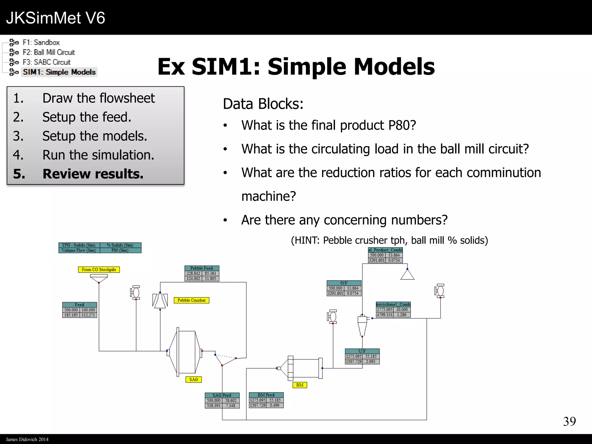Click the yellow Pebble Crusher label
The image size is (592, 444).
[x=191, y=300]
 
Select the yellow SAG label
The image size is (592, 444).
[x=193, y=379]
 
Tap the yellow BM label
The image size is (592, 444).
[x=299, y=385]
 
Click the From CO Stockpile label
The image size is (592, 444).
[x=99, y=269]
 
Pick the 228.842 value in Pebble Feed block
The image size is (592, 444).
[x=193, y=273]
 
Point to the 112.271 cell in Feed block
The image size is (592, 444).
[x=88, y=315]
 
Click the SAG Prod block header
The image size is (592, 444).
[x=222, y=395]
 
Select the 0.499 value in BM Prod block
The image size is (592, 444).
[x=274, y=405]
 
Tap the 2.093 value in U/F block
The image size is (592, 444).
[x=370, y=361]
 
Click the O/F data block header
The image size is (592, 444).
[x=344, y=283]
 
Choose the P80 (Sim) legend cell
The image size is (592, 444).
[x=120, y=250]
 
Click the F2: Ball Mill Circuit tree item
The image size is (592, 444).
[x=49, y=52]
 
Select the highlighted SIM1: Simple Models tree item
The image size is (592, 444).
[x=59, y=72]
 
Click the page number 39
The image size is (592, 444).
[x=569, y=421]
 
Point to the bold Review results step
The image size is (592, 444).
[x=92, y=174]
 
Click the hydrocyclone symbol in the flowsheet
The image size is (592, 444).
[x=362, y=325]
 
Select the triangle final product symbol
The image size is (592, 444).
[x=407, y=275]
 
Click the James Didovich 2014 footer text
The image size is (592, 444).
[x=27, y=439]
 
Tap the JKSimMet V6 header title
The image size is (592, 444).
[x=55, y=18]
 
